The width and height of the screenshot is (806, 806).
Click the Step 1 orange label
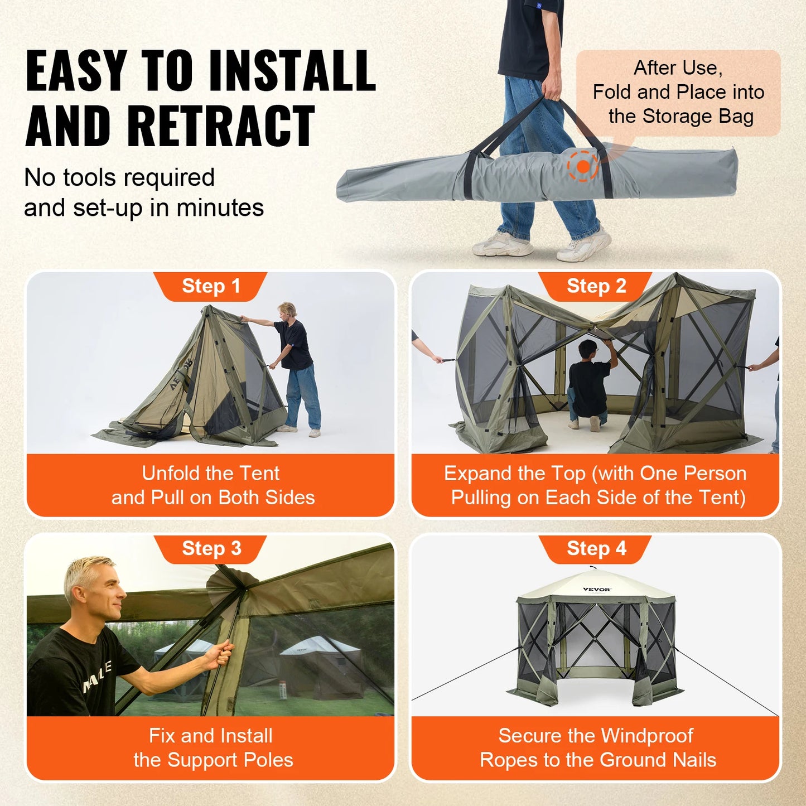pos(211,286)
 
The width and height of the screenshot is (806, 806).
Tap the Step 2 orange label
pos(596,286)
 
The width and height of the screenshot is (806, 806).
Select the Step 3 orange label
pos(211,548)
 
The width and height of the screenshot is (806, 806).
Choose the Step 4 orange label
pos(596,548)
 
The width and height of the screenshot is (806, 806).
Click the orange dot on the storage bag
pos(583,166)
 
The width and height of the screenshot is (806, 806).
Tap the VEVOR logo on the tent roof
pos(596,589)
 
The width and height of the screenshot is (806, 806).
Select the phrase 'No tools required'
pos(119,178)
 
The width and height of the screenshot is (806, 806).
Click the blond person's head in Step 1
pos(287,310)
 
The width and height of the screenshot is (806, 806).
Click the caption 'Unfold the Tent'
pos(210,473)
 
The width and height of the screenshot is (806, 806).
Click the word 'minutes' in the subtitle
pos(220,208)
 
